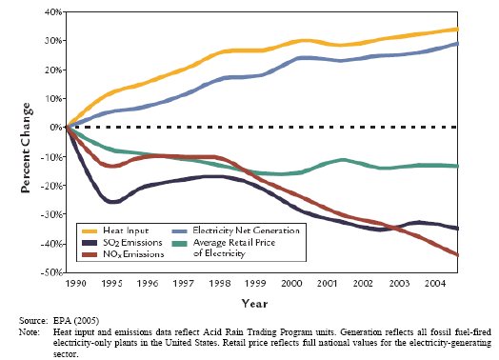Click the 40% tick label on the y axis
[52, 12]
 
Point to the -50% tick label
[51, 272]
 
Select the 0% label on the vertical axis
[56, 128]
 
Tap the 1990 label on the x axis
[75, 283]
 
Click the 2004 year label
[435, 283]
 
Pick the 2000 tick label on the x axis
[291, 283]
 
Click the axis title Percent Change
[26, 148]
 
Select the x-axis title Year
[254, 304]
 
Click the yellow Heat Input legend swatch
[90, 231]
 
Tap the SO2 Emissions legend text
[132, 243]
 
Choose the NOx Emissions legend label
[133, 254]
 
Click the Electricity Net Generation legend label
[246, 230]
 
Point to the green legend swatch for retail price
[179, 244]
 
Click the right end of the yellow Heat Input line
[457, 30]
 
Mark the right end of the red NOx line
[457, 255]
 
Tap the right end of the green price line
[457, 166]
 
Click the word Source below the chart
[33, 321]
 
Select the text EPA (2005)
[76, 321]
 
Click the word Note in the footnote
[29, 332]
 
